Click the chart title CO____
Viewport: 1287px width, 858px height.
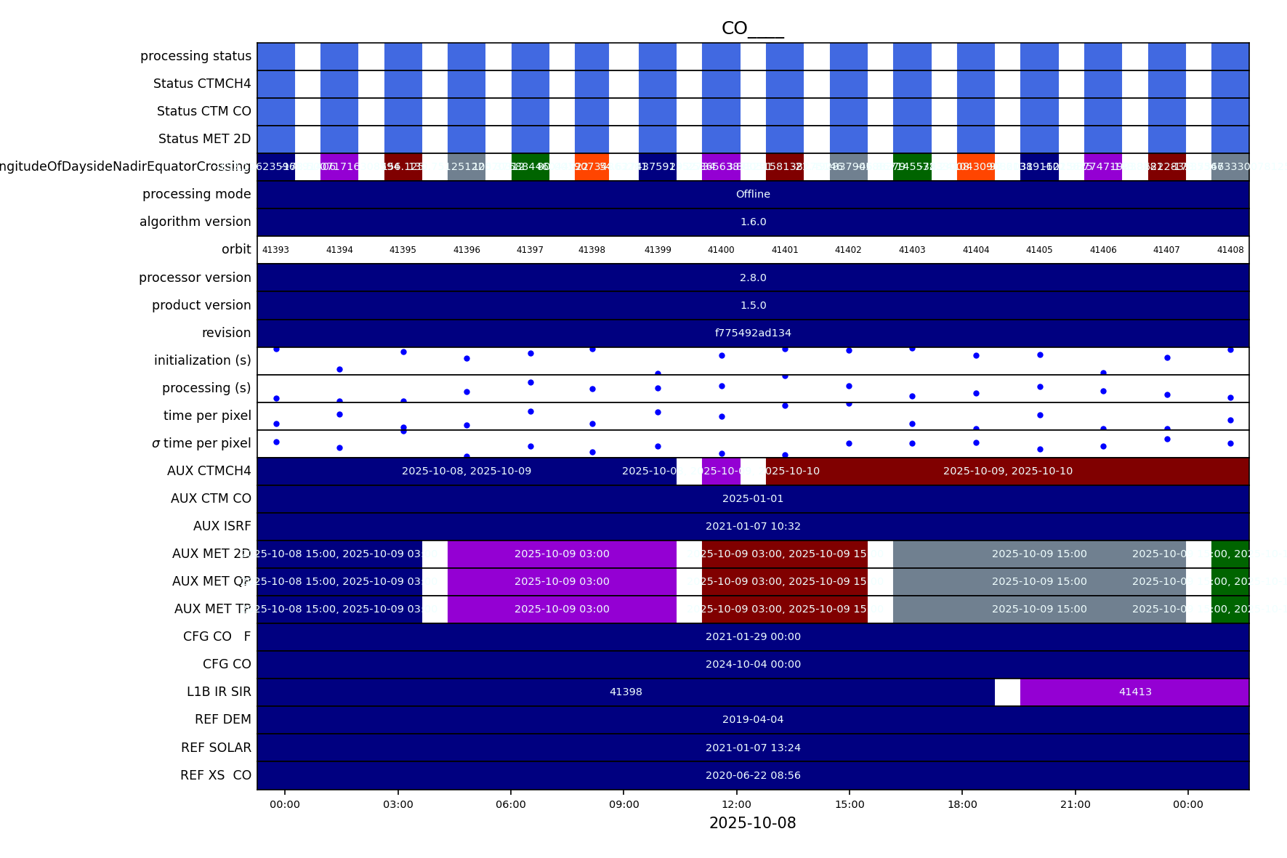tap(752, 28)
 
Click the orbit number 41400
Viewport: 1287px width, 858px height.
tap(721, 250)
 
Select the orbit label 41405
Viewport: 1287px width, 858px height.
tap(1039, 250)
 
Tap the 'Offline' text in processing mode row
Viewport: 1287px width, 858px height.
tap(753, 194)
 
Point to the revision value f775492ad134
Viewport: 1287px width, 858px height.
tap(753, 333)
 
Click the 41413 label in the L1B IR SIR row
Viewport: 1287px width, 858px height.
tap(1135, 692)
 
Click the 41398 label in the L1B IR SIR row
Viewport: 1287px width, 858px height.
tap(626, 692)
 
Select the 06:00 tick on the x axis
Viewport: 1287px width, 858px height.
tap(511, 804)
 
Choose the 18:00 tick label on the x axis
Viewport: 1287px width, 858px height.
tap(962, 804)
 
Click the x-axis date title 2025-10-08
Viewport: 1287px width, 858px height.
tap(752, 823)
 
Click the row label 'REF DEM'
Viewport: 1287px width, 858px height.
tap(222, 719)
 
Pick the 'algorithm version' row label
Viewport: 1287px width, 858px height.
tap(195, 222)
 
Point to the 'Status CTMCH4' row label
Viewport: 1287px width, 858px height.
tap(202, 84)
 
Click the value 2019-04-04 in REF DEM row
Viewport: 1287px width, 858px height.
tap(753, 719)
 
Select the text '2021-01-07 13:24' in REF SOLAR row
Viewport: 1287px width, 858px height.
tap(753, 748)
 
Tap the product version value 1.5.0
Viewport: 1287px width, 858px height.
tap(753, 305)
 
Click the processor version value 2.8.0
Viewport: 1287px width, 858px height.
tap(753, 278)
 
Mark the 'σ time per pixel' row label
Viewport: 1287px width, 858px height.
tap(201, 443)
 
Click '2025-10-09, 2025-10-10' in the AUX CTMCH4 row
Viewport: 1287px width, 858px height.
tap(1007, 471)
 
